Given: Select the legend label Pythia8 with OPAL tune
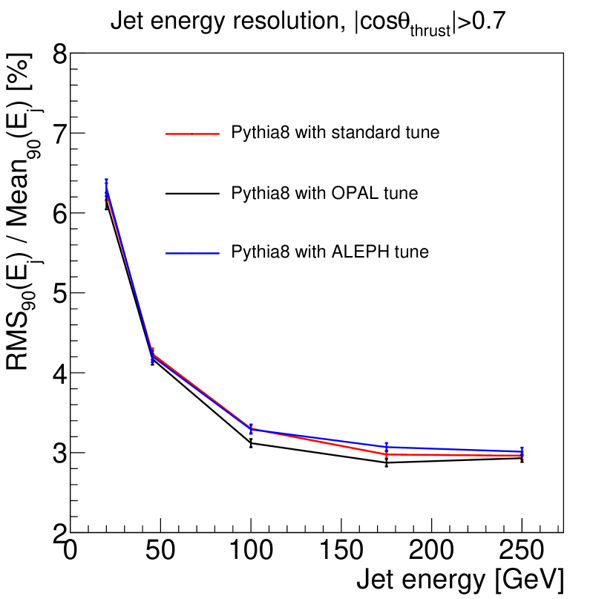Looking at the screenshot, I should tap(324, 194).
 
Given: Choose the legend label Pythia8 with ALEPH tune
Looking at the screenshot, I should tap(330, 252).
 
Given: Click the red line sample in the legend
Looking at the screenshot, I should tap(193, 134).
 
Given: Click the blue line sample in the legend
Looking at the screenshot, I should tap(193, 253).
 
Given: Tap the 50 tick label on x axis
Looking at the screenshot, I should tap(161, 552).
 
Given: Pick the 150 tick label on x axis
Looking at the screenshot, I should tap(341, 552).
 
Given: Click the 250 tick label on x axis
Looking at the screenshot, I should tap(522, 552).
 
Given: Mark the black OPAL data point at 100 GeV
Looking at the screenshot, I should tap(251, 443).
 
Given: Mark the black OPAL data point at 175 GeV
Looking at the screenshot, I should tap(387, 463).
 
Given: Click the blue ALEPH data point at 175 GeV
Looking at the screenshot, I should tap(387, 447).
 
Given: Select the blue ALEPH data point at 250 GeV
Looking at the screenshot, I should tap(522, 451).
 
